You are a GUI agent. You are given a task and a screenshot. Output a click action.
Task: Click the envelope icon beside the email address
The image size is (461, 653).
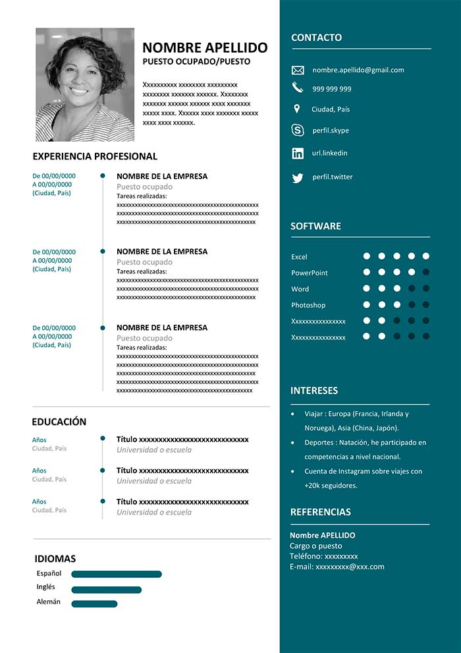click(298, 70)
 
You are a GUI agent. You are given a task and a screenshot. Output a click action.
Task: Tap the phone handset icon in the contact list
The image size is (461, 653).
click(298, 88)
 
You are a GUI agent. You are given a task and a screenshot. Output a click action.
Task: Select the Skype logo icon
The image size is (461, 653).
click(298, 130)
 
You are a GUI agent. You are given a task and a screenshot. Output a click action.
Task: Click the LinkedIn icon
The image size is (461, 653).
click(298, 153)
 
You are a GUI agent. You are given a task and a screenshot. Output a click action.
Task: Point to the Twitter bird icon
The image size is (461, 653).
click(298, 177)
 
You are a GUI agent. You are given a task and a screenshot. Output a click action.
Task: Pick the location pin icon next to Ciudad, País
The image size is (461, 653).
click(297, 109)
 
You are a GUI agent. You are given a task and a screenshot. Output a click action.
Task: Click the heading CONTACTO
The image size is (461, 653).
click(316, 38)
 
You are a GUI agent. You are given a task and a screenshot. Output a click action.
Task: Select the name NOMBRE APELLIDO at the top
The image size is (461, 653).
click(205, 47)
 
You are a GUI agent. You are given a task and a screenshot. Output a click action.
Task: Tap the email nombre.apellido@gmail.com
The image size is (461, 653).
click(358, 70)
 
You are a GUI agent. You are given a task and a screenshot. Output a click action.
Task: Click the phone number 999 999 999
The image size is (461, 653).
click(332, 89)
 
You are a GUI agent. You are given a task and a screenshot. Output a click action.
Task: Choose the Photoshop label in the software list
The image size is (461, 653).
click(308, 305)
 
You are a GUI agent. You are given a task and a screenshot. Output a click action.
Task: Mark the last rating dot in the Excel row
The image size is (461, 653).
click(426, 256)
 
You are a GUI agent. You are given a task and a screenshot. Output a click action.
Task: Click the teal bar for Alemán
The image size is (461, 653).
click(94, 604)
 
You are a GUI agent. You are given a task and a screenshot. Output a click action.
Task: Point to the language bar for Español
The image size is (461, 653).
click(117, 574)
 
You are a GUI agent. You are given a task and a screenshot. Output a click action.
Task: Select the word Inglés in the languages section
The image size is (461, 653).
click(46, 587)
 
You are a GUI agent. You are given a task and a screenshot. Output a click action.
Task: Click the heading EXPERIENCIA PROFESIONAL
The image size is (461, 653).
click(95, 157)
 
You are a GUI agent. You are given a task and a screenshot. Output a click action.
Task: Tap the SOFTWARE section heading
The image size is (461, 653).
click(315, 226)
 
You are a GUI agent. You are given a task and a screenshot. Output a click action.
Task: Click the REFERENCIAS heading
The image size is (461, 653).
click(320, 512)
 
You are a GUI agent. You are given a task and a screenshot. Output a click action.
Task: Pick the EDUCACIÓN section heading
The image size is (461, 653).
click(59, 422)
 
